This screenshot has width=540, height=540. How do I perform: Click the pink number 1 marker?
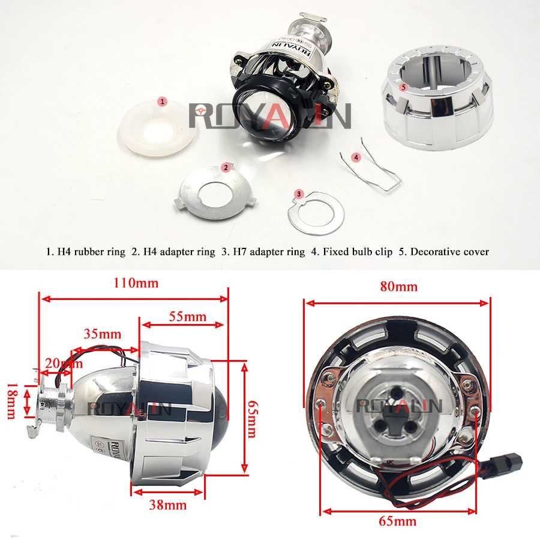162,101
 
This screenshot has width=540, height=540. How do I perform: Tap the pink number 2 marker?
226,168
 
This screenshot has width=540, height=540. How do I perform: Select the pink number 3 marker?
299,194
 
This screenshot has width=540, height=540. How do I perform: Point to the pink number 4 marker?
356,157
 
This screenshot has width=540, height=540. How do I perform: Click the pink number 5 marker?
404,88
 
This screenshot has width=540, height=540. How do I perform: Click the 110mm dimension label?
136,283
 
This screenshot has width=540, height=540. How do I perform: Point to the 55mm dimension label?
188,316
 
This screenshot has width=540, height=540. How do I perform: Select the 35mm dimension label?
102,334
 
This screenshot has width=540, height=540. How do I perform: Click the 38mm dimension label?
168,505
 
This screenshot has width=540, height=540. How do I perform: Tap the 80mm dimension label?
399,287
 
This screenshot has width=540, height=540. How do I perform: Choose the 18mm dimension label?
11,401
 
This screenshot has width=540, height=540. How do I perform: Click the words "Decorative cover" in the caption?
449,252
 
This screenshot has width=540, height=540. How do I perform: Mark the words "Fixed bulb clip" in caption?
358,252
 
